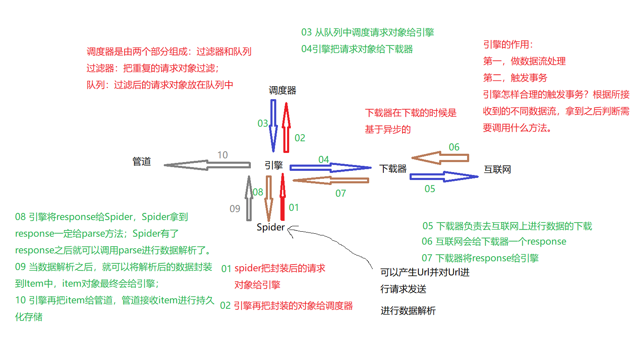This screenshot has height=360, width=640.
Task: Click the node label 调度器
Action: [x=282, y=90]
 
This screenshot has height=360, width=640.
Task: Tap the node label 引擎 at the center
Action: [x=274, y=165]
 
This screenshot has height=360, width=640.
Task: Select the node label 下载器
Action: [x=393, y=169]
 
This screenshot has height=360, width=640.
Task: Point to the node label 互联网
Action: [x=497, y=170]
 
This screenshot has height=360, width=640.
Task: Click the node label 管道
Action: [x=142, y=162]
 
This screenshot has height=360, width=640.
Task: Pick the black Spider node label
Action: [x=270, y=227]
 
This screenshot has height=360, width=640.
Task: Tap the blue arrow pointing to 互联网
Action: [x=444, y=177]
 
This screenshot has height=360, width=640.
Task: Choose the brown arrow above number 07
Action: [x=331, y=180]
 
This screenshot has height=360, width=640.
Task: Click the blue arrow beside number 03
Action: [x=273, y=125]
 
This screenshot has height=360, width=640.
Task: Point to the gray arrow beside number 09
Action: [x=249, y=198]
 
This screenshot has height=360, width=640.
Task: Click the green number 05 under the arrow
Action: [x=430, y=189]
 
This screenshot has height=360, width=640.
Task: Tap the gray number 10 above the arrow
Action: [x=222, y=155]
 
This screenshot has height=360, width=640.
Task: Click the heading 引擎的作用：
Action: [x=508, y=45]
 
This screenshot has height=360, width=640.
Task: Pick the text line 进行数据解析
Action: [x=408, y=311]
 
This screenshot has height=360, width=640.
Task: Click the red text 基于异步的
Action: [x=387, y=130]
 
